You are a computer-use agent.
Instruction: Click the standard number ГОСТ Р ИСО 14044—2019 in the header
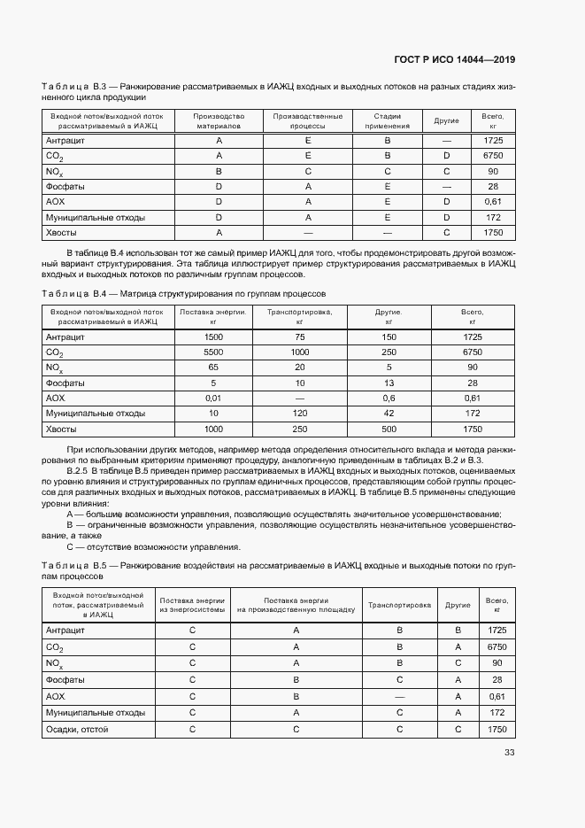coord(454,59)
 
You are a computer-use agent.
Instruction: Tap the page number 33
coord(509,753)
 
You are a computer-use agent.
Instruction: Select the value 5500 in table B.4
coord(213,352)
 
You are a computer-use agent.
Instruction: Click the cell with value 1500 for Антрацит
coord(213,337)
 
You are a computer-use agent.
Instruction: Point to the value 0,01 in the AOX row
coord(213,398)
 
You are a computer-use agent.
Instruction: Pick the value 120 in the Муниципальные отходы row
coord(300,414)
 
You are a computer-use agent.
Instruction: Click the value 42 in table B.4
coord(389,414)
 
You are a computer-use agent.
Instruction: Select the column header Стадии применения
coord(388,120)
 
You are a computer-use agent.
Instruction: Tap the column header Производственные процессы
coord(308,120)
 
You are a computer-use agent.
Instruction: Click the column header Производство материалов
coord(219,120)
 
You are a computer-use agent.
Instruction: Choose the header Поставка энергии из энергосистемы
coord(192,606)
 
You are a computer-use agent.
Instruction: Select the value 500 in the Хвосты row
coord(389,429)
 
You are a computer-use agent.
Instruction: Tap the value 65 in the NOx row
coord(213,367)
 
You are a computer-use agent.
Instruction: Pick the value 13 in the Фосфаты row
coord(389,383)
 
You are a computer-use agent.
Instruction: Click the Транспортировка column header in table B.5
coord(399,606)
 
